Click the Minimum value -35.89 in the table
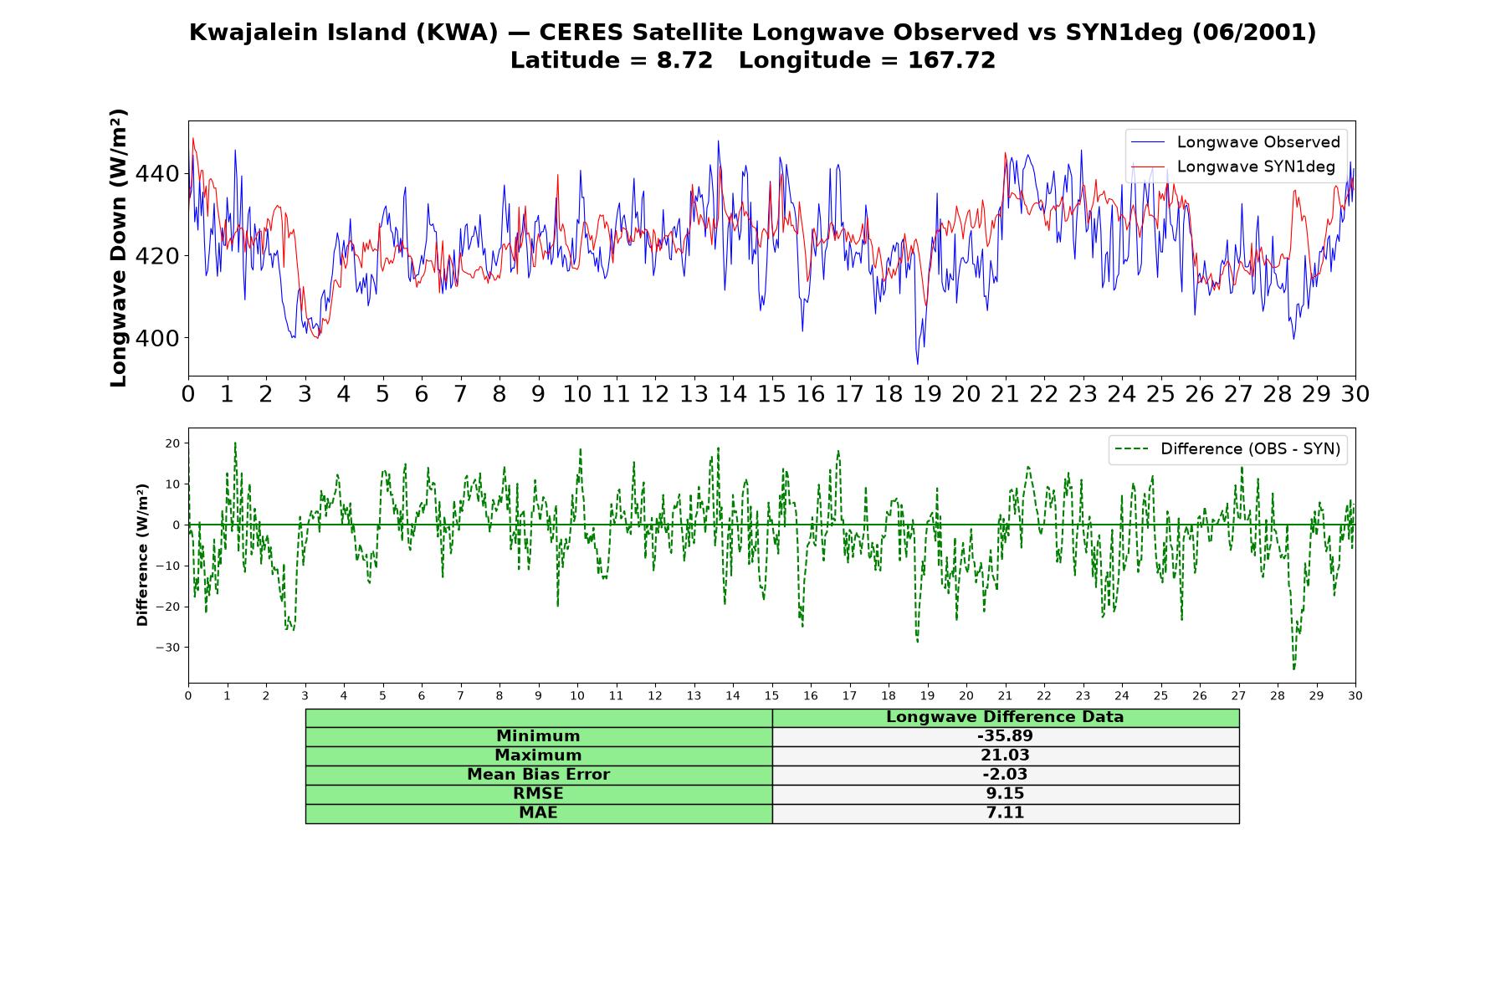coord(1005,736)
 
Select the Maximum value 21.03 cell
coord(1005,756)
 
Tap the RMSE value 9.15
coord(1005,794)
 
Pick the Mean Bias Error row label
coord(538,775)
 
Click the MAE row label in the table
coord(538,813)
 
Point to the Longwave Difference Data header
coord(1005,717)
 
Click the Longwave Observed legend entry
coord(1235,142)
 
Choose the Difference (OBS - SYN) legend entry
coord(1227,449)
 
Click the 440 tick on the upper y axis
coord(157,174)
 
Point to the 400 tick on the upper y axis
coord(157,338)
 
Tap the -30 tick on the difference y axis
coord(172,648)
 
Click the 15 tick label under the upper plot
coord(771,394)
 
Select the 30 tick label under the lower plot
coord(1355,695)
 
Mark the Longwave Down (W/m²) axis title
coord(119,248)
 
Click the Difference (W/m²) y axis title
coord(142,555)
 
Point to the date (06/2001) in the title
coord(1254,33)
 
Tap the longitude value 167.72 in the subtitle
coord(951,60)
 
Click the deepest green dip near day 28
coord(1293,669)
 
